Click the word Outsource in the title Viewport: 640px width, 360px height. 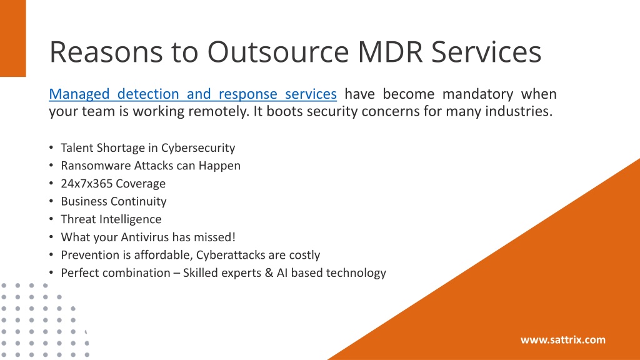pyautogui.click(x=278, y=52)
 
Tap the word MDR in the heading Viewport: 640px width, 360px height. pyautogui.click(x=391, y=52)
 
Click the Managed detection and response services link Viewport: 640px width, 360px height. pyautogui.click(x=192, y=94)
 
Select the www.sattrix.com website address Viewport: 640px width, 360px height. pyautogui.click(x=563, y=340)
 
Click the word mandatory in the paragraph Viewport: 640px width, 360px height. pyautogui.click(x=477, y=94)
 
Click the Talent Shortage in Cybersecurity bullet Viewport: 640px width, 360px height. pyautogui.click(x=147, y=147)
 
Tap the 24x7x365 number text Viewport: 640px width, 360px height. pyautogui.click(x=87, y=184)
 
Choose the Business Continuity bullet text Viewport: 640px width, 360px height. pyautogui.click(x=114, y=202)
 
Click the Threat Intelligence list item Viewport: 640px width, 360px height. pyautogui.click(x=111, y=219)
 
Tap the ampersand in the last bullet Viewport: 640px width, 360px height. pyautogui.click(x=269, y=273)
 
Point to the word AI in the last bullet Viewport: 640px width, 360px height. pyautogui.click(x=282, y=273)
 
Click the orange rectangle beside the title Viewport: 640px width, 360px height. pyautogui.click(x=12, y=38)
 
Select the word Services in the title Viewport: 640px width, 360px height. pyautogui.click(x=486, y=52)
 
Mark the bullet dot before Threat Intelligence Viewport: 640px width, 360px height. pyautogui.click(x=51, y=219)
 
